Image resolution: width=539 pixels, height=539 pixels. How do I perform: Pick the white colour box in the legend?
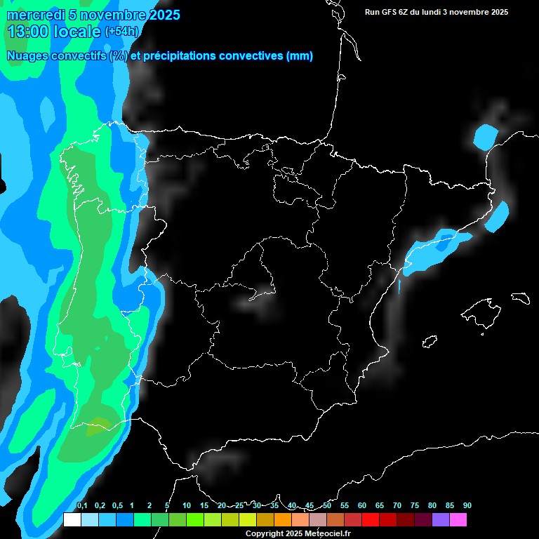pyautogui.click(x=72, y=520)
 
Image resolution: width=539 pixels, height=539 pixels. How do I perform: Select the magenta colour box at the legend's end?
pyautogui.click(x=458, y=520)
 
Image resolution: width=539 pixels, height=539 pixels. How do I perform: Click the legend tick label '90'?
pyautogui.click(x=467, y=506)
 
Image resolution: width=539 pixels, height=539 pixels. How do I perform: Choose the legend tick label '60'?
pyautogui.click(x=361, y=506)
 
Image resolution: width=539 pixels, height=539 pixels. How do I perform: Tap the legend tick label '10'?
pyautogui.click(x=186, y=506)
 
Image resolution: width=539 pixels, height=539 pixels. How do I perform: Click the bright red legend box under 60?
pyautogui.click(x=371, y=520)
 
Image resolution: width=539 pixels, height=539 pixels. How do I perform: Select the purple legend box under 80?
pyautogui.click(x=441, y=520)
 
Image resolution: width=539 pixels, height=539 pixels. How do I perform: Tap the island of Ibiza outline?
pyautogui.click(x=430, y=341)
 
